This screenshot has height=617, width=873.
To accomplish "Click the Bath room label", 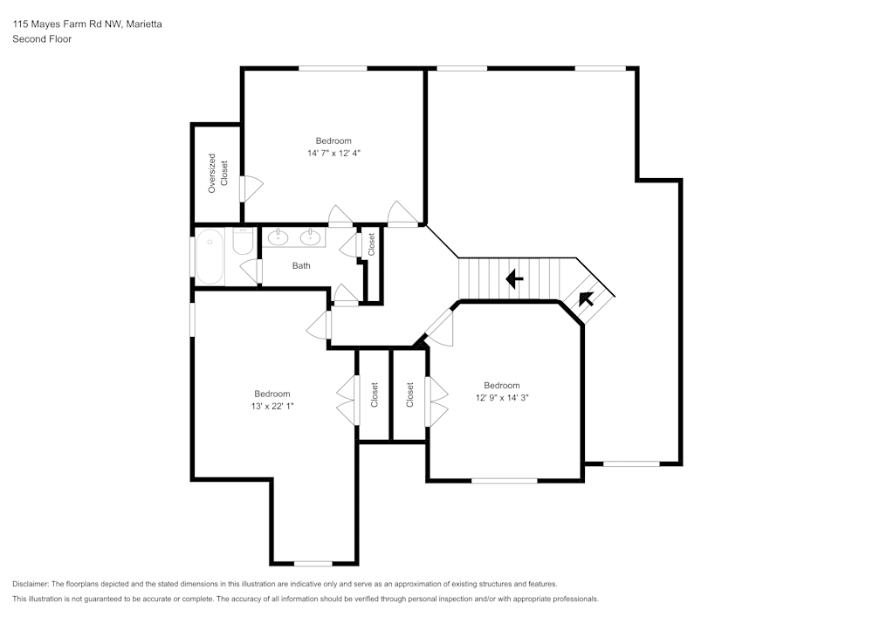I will pyautogui.click(x=301, y=266).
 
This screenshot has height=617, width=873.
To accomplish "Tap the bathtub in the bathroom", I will pyautogui.click(x=210, y=256).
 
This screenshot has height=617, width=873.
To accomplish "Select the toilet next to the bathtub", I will pyautogui.click(x=243, y=241).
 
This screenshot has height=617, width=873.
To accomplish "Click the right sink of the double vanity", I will pyautogui.click(x=310, y=237).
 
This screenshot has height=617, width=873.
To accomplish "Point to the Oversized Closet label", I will pyautogui.click(x=217, y=172).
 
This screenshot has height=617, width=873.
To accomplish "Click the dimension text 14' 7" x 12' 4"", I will pyautogui.click(x=333, y=153).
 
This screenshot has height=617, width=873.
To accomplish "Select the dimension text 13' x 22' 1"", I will pyautogui.click(x=272, y=406).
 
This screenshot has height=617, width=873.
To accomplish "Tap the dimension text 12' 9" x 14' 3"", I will pyautogui.click(x=502, y=397).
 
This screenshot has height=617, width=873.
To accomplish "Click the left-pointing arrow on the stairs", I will pyautogui.click(x=514, y=279).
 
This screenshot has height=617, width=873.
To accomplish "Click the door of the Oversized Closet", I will pyautogui.click(x=250, y=189).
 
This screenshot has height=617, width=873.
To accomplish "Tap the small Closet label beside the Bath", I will pyautogui.click(x=371, y=243).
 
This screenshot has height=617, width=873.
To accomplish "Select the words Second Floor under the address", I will pyautogui.click(x=42, y=39).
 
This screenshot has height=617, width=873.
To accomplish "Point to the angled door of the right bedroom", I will pyautogui.click(x=439, y=329).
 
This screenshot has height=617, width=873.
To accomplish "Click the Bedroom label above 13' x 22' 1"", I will pyautogui.click(x=272, y=394).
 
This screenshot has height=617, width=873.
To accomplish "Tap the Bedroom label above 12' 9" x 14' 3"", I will pyautogui.click(x=502, y=385).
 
